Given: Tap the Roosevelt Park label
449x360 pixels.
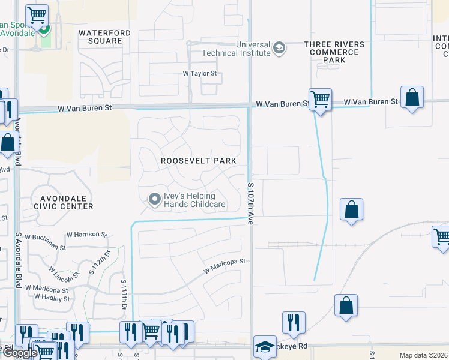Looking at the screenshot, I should click(198, 161).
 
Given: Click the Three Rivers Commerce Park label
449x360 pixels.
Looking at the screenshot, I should click(334, 52).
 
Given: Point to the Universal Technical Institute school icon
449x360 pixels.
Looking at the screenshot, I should click(279, 48).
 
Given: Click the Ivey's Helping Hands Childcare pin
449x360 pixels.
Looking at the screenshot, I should click(155, 199).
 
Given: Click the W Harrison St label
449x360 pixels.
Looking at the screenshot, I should click(86, 234).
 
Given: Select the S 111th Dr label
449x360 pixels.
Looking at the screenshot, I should click(124, 295).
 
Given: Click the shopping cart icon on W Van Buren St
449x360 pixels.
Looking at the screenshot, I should click(320, 99).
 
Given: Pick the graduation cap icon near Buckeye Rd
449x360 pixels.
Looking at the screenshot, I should click(265, 346).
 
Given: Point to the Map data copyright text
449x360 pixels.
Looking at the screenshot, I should click(423, 355).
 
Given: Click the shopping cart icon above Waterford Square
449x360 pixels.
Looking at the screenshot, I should click(37, 14).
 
